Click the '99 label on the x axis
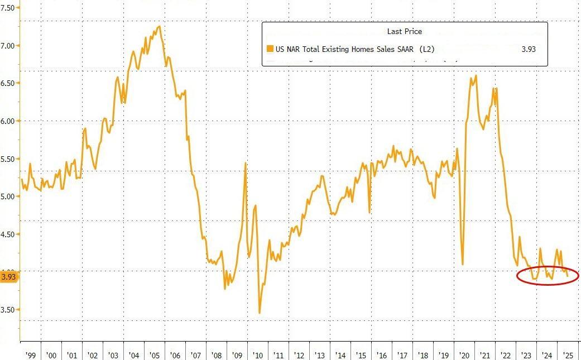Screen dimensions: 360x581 30,354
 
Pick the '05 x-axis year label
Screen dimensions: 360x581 154,354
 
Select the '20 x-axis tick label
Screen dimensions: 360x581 464,354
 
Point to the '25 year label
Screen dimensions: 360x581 567,354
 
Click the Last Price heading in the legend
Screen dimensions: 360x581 405,32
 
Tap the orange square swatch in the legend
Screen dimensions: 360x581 270,49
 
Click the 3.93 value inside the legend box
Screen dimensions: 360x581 528,49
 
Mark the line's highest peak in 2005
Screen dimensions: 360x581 160,26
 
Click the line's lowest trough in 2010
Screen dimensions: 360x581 260,313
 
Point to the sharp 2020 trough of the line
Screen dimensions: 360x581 463,264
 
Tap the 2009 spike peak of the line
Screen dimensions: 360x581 246,163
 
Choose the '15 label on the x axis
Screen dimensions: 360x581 361,354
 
